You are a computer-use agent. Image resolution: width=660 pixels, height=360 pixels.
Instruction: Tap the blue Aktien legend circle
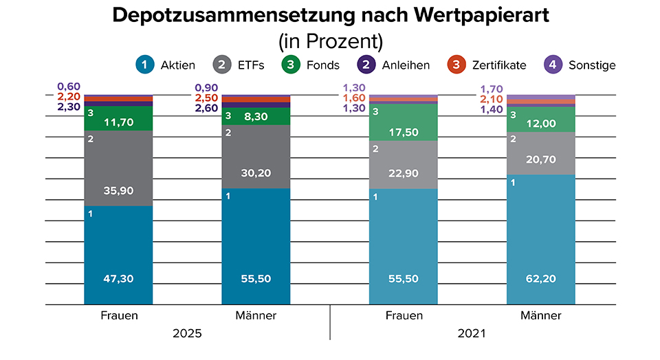point(145,65)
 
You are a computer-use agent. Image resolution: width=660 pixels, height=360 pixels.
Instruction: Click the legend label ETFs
point(250,65)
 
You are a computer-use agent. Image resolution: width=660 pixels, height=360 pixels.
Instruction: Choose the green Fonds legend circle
point(291,65)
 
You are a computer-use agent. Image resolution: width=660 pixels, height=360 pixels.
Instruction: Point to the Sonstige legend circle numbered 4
point(553,65)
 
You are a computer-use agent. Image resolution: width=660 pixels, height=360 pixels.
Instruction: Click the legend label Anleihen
point(406,65)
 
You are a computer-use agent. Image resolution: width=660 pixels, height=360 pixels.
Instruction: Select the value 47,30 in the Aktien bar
point(118,279)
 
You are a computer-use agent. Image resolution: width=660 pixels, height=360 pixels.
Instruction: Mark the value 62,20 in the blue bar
point(541,279)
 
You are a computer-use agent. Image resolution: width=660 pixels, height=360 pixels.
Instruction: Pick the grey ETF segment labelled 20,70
point(541,159)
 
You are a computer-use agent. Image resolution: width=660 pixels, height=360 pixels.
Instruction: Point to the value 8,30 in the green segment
point(256,117)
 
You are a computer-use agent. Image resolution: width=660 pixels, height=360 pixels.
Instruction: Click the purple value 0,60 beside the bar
point(69,87)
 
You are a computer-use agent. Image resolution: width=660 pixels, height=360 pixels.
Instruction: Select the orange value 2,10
point(492,100)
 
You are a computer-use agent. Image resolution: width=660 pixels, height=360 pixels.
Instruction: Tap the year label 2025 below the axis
point(187,334)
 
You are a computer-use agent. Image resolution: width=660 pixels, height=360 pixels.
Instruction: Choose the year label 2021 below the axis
point(472,334)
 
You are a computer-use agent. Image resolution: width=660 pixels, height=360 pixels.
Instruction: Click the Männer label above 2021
point(541,316)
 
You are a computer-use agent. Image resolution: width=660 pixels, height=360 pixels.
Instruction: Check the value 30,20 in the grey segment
point(256,174)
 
